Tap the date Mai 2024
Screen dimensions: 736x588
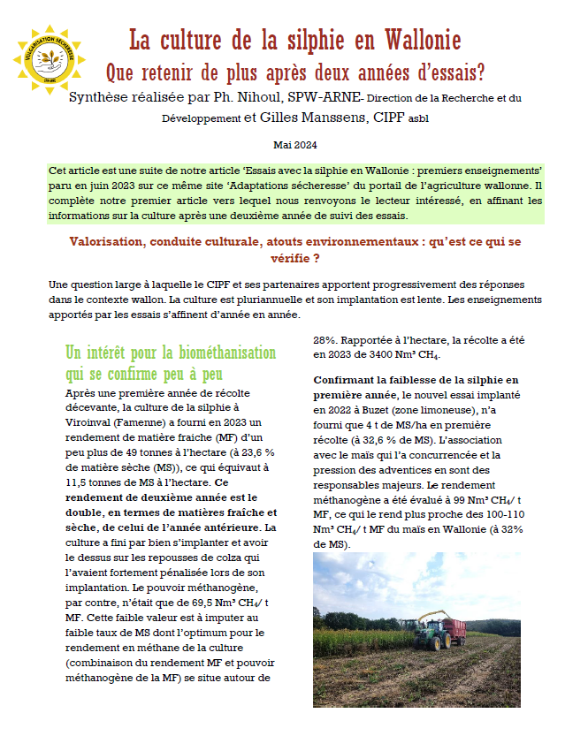pyautogui.click(x=294, y=145)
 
